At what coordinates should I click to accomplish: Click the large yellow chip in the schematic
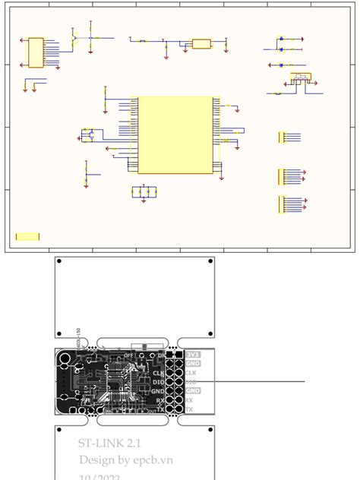tap(175, 134)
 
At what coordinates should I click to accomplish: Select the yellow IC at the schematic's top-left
tap(36, 53)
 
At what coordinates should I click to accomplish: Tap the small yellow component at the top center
tap(201, 44)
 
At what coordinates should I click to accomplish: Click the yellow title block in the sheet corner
tap(28, 237)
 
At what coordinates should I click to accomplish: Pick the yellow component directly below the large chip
tap(144, 191)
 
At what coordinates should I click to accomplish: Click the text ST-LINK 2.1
tap(109, 443)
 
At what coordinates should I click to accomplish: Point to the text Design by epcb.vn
tap(126, 460)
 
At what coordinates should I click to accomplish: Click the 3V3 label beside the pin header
tap(193, 355)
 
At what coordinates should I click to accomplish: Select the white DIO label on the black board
tap(158, 382)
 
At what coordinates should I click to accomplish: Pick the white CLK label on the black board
tap(158, 373)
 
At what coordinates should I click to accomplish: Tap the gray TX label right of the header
tap(189, 409)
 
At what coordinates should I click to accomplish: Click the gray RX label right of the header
tap(189, 400)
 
